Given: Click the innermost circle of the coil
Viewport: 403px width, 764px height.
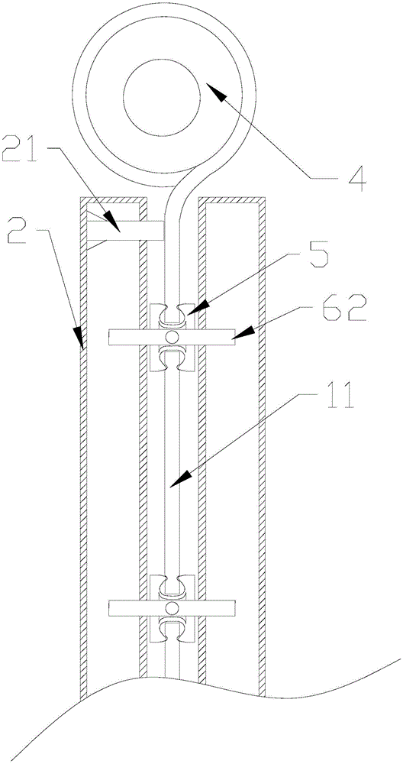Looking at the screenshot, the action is coord(163,99).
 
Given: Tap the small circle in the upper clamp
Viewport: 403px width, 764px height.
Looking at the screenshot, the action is coord(171,337).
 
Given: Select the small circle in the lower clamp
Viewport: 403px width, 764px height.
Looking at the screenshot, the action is coord(171,607).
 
